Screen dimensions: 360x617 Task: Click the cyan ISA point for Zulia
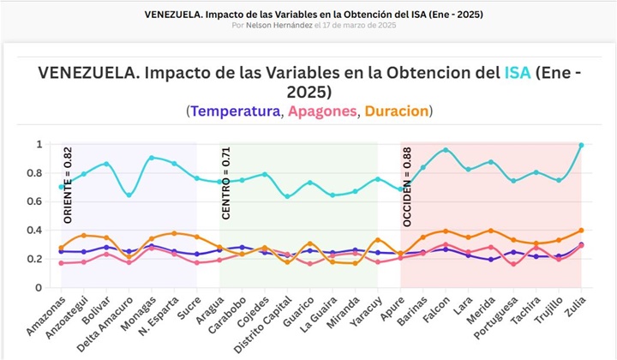click(581, 145)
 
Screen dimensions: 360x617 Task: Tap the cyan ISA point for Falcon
click(445, 150)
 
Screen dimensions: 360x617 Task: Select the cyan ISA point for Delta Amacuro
click(129, 195)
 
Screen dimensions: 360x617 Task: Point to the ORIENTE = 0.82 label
click(69, 186)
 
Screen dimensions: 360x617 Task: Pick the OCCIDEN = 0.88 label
click(407, 187)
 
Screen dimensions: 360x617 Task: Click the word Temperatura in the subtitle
click(237, 111)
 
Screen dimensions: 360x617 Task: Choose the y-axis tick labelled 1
click(39, 144)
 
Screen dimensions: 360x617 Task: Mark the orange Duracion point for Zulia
click(581, 231)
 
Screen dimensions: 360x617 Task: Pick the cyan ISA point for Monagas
click(152, 158)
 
